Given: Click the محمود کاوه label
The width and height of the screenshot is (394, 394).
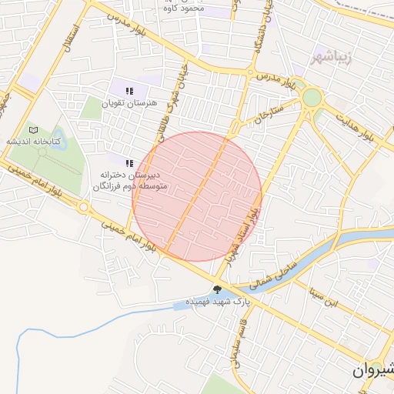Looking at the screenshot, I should tap(184, 9).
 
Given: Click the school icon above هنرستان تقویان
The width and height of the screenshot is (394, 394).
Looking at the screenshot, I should tap(129, 91).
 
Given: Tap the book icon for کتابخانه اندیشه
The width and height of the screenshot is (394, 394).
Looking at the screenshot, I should tap(33, 130).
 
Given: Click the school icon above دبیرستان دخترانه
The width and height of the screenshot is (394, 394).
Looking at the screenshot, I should tap(129, 162).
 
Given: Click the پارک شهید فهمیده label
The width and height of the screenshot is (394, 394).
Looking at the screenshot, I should tap(219, 302).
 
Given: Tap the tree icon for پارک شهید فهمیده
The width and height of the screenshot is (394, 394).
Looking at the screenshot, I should tap(219, 289).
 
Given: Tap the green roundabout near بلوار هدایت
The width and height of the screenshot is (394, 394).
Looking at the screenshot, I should tap(312, 98).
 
